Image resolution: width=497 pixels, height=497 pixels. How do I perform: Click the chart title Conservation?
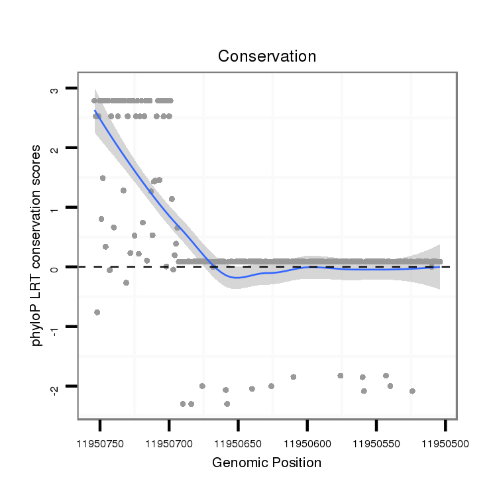pos(267,57)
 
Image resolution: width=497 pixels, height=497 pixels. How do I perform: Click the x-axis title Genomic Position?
pos(267,463)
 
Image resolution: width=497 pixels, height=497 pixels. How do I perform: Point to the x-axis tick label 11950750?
pos(101,443)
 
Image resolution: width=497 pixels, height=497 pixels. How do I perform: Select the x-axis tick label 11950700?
pos(170,443)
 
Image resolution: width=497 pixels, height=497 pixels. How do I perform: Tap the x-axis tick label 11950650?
pos(239,443)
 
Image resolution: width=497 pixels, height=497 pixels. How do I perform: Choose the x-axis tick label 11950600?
pos(307,443)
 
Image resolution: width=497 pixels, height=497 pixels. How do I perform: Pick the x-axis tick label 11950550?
pos(376,443)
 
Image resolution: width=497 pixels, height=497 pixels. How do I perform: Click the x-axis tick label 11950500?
pos(445,443)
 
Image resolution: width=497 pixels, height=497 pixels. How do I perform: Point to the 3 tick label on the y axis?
pos(54,89)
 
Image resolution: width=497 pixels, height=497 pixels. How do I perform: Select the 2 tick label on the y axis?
pos(54,148)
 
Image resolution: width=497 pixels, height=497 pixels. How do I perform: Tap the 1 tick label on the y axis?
pos(54,208)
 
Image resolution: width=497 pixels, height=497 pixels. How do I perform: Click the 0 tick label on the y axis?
pos(54,268)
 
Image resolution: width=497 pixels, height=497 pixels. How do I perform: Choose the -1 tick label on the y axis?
pos(54,327)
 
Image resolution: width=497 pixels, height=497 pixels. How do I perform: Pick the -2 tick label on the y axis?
pos(54,387)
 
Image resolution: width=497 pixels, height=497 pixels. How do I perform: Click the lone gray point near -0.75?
pos(97,312)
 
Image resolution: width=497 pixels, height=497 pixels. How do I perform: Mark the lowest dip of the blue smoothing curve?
pos(237,278)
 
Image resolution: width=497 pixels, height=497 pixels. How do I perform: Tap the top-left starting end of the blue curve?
pos(95,111)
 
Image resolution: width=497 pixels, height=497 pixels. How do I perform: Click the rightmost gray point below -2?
pos(412,391)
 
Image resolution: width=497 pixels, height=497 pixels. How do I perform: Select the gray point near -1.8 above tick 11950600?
pos(294,377)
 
